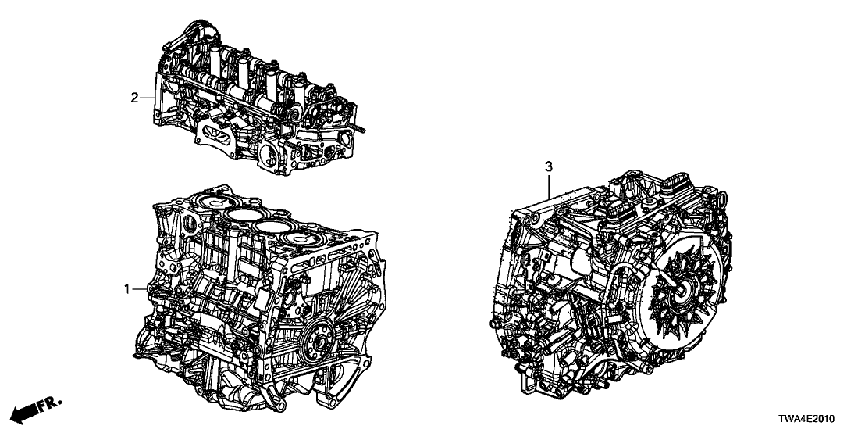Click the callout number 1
pos(127,289)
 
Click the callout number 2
pos(134,98)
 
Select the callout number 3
pos(548,166)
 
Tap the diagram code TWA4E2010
pos(807,419)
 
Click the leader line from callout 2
pos(148,98)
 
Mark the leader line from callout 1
pos(140,289)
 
